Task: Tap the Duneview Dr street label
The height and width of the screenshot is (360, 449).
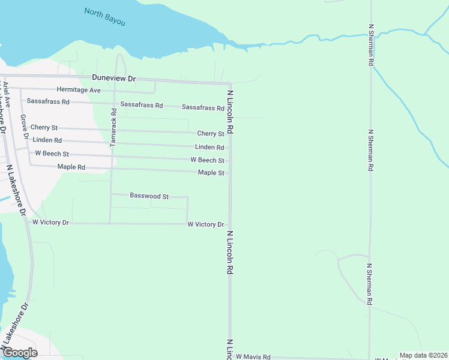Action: point(115,79)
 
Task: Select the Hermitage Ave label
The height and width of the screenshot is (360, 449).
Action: point(79,90)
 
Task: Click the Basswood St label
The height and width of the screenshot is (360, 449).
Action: point(149,196)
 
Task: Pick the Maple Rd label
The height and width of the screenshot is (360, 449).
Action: point(71,167)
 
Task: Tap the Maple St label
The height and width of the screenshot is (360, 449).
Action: point(211,173)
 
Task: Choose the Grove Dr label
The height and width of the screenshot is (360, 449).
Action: point(24,127)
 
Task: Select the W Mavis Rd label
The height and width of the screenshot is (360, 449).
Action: point(253,357)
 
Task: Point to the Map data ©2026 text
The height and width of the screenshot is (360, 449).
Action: point(423,355)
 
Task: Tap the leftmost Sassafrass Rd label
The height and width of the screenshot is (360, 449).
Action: point(48,101)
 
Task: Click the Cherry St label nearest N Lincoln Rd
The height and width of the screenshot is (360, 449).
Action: point(210,134)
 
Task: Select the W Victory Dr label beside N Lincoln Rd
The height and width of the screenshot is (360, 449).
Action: point(205,224)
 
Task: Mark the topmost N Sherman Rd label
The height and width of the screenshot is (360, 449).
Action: point(372,45)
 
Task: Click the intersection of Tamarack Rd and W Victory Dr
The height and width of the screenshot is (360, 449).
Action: point(110,223)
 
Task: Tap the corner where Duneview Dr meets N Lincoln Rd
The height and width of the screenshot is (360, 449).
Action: point(231,83)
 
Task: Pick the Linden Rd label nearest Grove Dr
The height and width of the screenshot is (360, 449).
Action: point(47,140)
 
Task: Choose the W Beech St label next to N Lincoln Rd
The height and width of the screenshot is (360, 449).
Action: point(207,160)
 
